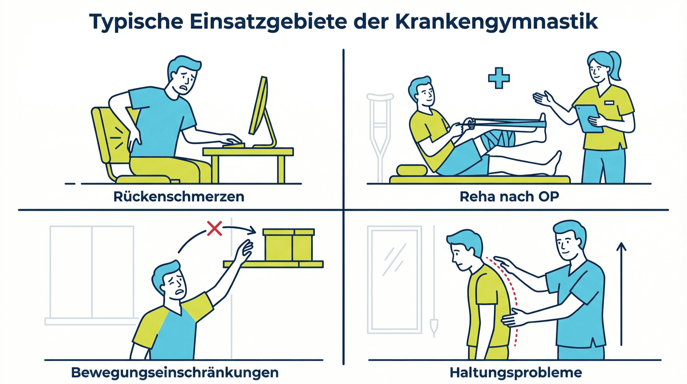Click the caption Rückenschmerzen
coord(179,197)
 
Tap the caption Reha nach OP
coord(509,197)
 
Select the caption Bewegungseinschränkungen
coord(175,373)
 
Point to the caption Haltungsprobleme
coord(516,373)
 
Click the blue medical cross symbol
coord(499,78)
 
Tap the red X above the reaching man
coord(214,228)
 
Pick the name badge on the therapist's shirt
coord(609,102)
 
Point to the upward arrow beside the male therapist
coord(621,294)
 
